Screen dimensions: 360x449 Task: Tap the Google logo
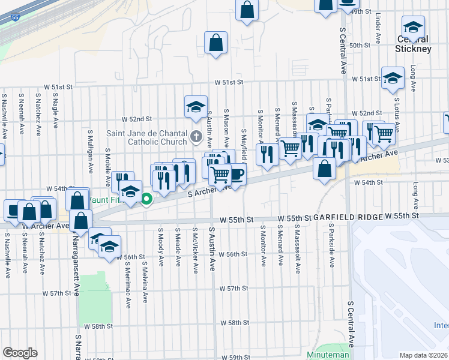pyautogui.click(x=20, y=353)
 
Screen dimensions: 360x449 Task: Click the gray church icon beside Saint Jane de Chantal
pyautogui.click(x=196, y=137)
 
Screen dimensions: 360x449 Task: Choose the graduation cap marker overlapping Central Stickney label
pyautogui.click(x=413, y=28)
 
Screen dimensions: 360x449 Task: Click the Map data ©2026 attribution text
pyautogui.click(x=424, y=355)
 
